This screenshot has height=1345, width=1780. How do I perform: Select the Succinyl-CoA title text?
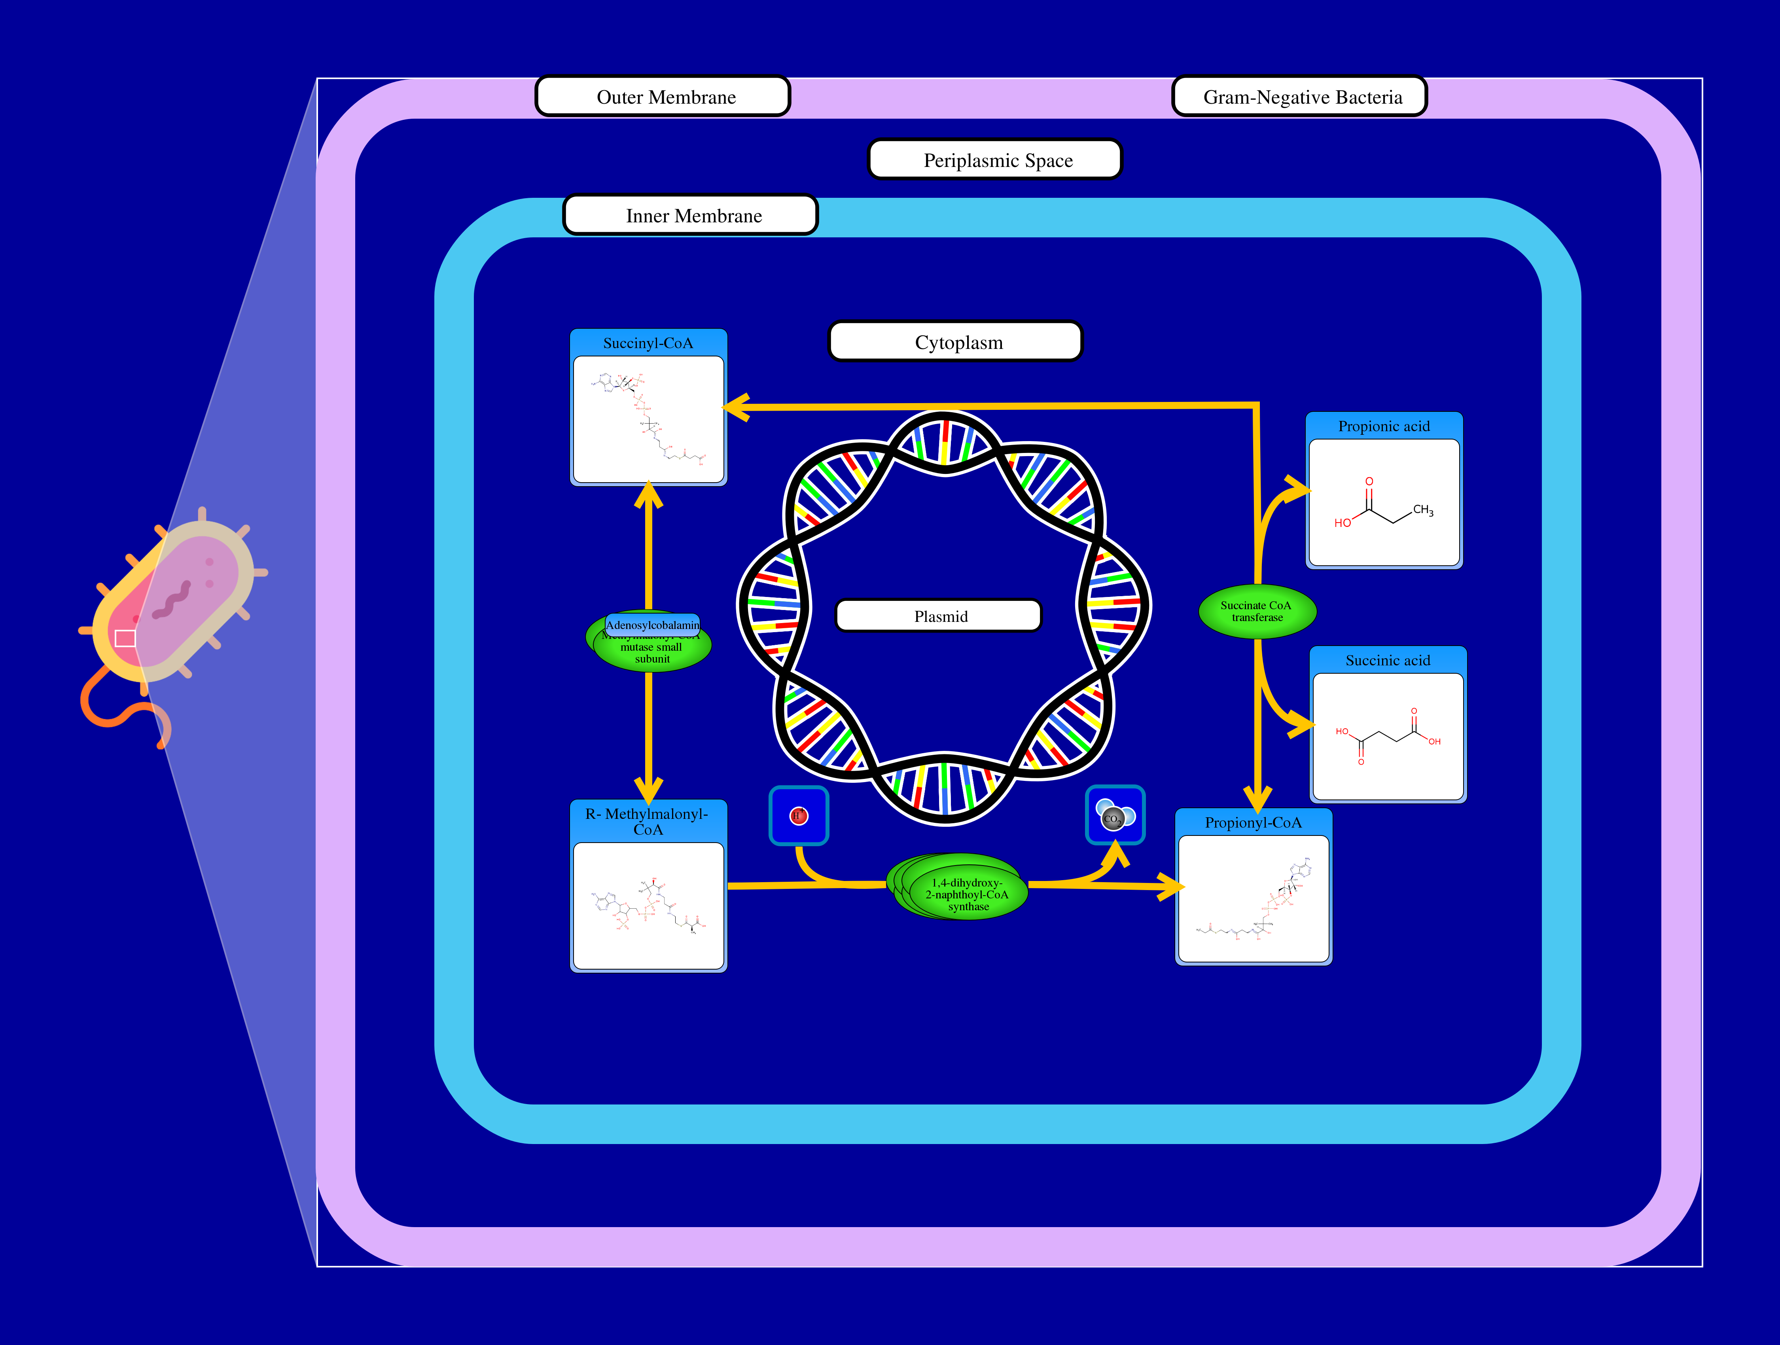pyautogui.click(x=648, y=343)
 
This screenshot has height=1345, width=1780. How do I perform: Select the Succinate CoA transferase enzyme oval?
pyautogui.click(x=1257, y=612)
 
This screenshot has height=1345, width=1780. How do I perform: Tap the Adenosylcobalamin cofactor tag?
pyautogui.click(x=653, y=625)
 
